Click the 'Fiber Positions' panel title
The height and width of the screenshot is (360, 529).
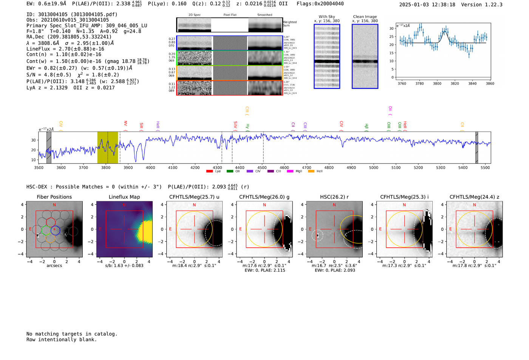(54, 197)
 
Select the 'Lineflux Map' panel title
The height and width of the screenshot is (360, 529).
(124, 197)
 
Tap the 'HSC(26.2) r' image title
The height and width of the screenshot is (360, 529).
(334, 197)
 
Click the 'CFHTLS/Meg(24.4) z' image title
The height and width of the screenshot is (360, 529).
(474, 197)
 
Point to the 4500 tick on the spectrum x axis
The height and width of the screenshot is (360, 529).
(262, 168)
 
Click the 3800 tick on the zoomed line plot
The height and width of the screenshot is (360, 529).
(437, 83)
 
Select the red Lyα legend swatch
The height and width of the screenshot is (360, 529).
(210, 172)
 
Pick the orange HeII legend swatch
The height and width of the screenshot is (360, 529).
(311, 172)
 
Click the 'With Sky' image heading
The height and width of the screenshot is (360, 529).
(327, 17)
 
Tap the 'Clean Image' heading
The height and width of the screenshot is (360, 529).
(365, 17)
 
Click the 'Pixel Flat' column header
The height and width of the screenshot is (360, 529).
(230, 15)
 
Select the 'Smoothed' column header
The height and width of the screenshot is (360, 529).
(265, 15)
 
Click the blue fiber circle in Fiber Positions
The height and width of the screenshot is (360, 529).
(55, 229)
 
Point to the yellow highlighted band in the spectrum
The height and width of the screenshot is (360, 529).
(108, 147)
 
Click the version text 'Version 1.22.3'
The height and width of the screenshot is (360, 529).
(487, 5)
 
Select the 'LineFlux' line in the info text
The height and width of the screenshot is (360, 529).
(65, 49)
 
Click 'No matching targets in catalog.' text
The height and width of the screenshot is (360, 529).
(72, 334)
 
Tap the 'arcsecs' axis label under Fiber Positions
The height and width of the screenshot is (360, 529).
(54, 266)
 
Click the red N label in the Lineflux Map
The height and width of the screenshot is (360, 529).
(124, 205)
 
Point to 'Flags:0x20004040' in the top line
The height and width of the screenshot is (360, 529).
(320, 4)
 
